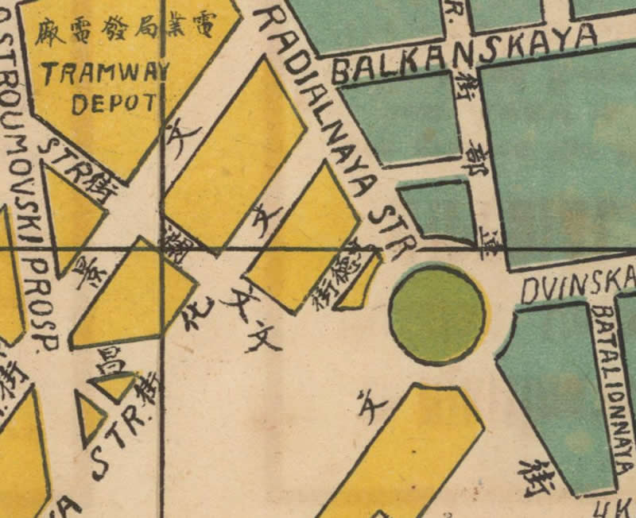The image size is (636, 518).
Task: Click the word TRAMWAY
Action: [106, 74]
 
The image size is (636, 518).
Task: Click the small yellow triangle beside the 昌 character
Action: [116, 385]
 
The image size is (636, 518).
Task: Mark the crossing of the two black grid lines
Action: [163, 249]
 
